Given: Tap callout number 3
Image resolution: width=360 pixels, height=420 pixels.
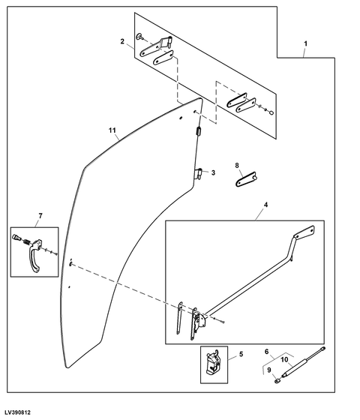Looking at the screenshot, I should [213, 172].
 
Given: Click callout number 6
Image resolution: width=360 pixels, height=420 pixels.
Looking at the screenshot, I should [266, 351].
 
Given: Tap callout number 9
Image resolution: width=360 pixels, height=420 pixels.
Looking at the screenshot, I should [271, 368].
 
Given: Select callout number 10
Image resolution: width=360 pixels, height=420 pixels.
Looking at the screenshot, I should [283, 359].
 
